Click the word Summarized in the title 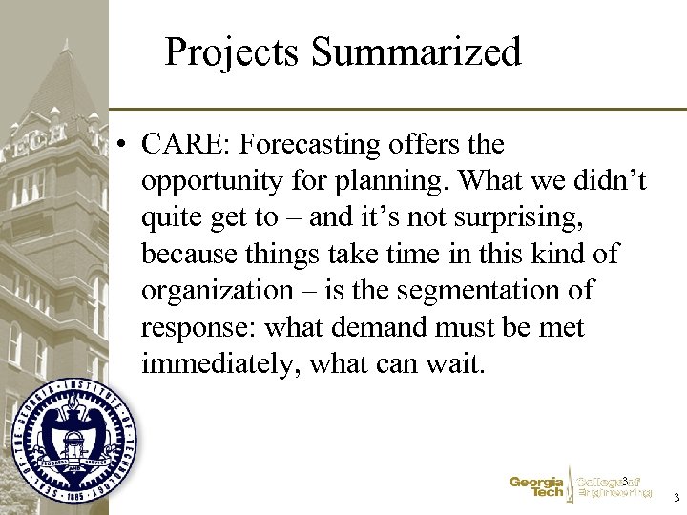[x=417, y=52]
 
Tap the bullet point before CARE [x=122, y=146]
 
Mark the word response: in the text [x=198, y=327]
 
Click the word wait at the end [x=454, y=363]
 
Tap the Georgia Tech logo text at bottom [x=536, y=487]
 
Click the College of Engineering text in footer [x=614, y=487]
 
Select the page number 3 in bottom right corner [x=676, y=498]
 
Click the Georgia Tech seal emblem [x=73, y=439]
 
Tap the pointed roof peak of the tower [x=65, y=43]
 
